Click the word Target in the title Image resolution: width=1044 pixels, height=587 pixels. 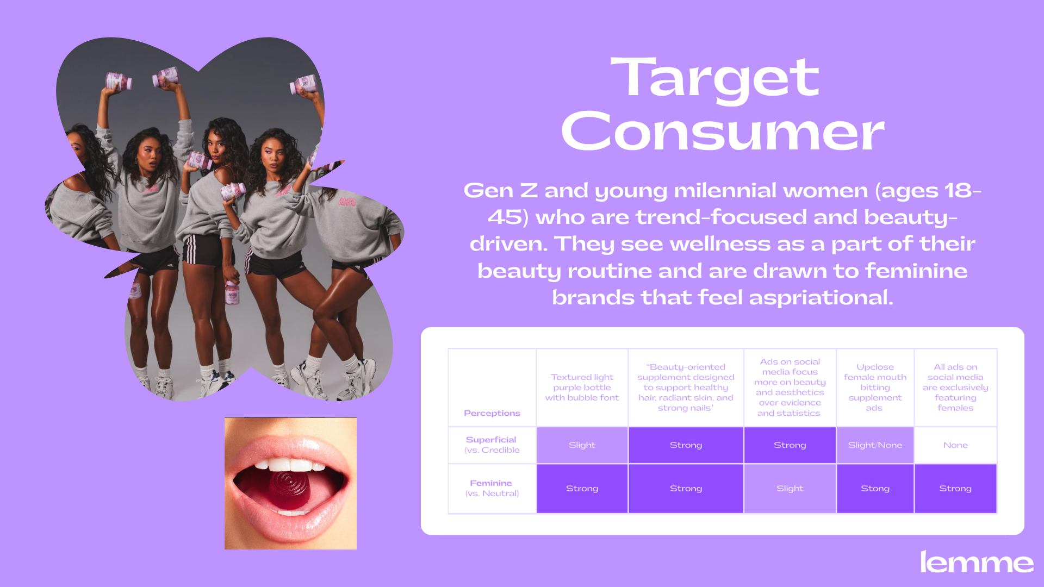pyautogui.click(x=715, y=79)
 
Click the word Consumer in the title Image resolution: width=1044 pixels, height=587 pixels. pyautogui.click(x=723, y=132)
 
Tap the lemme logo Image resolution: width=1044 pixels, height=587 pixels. pyautogui.click(x=977, y=562)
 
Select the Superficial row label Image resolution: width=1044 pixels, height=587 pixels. pyautogui.click(x=492, y=445)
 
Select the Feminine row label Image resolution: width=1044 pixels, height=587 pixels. pyautogui.click(x=492, y=488)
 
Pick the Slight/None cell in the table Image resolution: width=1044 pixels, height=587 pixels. pyautogui.click(x=875, y=445)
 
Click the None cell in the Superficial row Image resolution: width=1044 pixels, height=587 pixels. pyautogui.click(x=955, y=445)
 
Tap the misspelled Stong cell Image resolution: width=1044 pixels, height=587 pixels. pyautogui.click(x=875, y=489)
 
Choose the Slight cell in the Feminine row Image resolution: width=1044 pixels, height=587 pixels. pyautogui.click(x=790, y=489)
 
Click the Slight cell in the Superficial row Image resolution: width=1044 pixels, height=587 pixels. pyautogui.click(x=582, y=445)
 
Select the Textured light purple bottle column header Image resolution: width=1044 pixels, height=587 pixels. pyautogui.click(x=582, y=388)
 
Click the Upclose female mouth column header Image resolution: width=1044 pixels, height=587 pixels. pyautogui.click(x=875, y=388)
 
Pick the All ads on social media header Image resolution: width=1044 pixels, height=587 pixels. pyautogui.click(x=955, y=388)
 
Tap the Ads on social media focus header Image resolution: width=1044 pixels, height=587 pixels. pyautogui.click(x=790, y=388)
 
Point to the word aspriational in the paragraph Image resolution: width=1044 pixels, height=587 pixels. pyautogui.click(x=821, y=298)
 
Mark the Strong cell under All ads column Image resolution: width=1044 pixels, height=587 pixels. pyautogui.click(x=955, y=489)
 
